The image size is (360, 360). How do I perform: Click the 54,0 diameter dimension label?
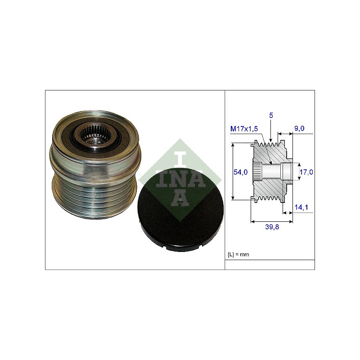click(x=240, y=172)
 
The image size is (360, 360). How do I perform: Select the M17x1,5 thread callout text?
click(x=244, y=129)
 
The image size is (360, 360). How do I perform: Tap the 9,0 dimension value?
click(x=299, y=128)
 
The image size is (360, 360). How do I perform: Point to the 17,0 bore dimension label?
click(x=306, y=172)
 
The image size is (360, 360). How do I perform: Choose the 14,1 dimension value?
click(x=301, y=207)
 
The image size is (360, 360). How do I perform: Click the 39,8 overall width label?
click(x=272, y=227)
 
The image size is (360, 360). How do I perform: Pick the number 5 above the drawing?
click(x=271, y=115)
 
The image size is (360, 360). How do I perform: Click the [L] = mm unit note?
click(x=238, y=254)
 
